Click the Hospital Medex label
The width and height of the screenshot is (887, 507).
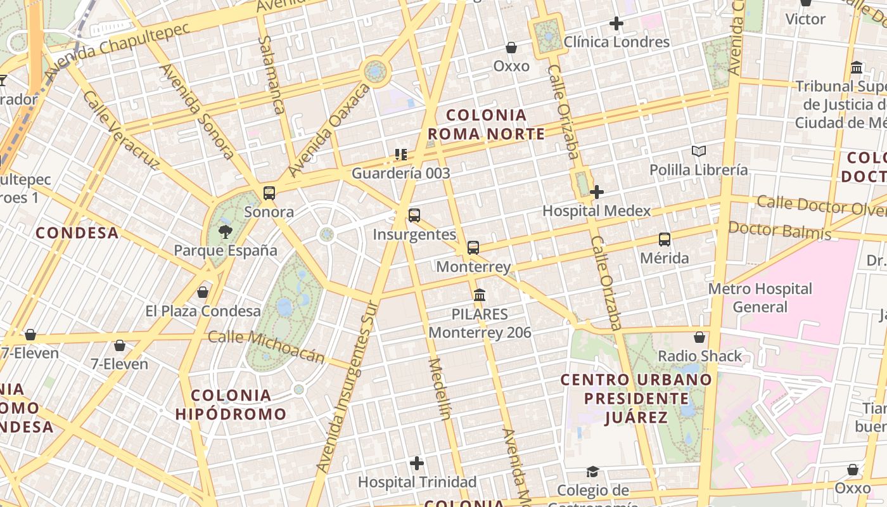point(596,210)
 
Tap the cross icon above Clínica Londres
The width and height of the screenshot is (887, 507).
point(616,24)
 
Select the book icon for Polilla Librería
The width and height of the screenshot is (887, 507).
point(699,151)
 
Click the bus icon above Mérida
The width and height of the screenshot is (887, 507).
point(664,240)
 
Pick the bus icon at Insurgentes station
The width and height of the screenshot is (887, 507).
point(414,215)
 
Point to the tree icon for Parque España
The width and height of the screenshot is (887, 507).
point(225,232)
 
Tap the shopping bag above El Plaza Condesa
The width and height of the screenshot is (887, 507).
point(203,292)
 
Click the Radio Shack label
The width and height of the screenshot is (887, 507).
point(699,356)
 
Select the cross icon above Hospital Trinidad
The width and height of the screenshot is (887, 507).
point(416,463)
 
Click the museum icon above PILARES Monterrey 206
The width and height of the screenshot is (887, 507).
point(480,295)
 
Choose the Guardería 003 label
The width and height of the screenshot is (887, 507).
point(401,173)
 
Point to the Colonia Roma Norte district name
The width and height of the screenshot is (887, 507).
point(486,124)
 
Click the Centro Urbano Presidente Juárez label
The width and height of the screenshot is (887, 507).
point(636,398)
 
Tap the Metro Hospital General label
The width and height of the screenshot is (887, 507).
point(760,298)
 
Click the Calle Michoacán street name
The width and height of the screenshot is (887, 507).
point(267,346)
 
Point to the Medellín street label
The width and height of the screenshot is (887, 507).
point(438,389)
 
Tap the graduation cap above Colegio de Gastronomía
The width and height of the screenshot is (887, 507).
point(592,472)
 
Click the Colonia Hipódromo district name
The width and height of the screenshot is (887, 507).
point(231,405)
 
